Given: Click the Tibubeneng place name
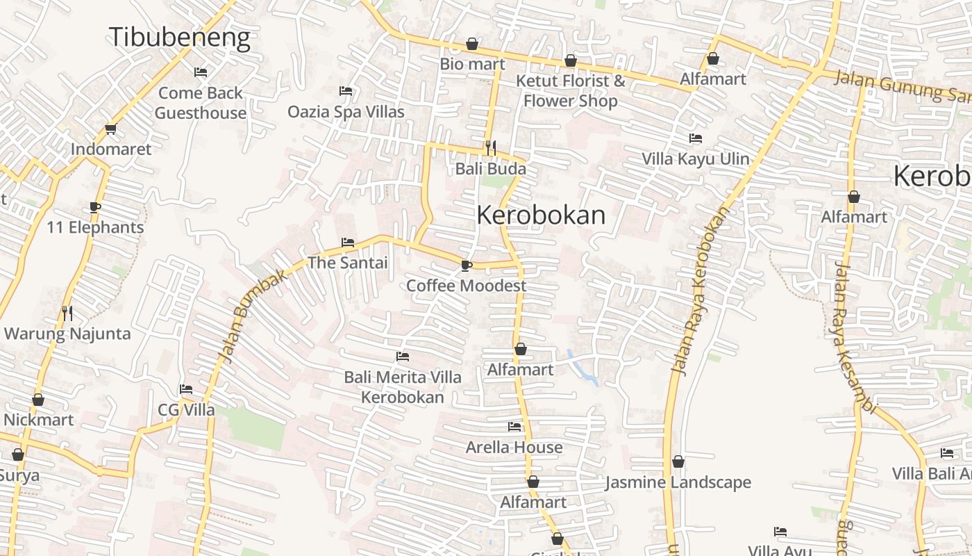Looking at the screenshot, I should (179, 38).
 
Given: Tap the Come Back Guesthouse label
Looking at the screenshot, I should (201, 103).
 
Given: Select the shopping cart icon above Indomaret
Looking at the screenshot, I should (110, 129).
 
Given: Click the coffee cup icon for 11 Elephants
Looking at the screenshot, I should (95, 207).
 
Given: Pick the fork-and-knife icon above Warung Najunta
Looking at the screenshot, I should (67, 313).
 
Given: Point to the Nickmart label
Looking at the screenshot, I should (38, 420).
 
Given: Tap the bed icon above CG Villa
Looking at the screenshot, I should (186, 389).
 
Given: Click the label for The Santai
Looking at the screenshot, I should (347, 263).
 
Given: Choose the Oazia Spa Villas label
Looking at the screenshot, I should (346, 111).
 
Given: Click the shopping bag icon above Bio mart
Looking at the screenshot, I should (472, 44).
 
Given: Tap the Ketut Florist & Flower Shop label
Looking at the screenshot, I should (570, 90).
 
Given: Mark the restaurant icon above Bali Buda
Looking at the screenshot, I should (491, 147).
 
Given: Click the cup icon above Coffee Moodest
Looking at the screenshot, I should (467, 265).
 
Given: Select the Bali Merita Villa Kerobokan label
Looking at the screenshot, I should (403, 387).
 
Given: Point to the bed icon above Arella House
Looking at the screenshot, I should (514, 426).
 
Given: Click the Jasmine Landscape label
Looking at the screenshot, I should (678, 482).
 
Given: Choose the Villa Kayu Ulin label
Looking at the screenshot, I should (696, 158).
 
